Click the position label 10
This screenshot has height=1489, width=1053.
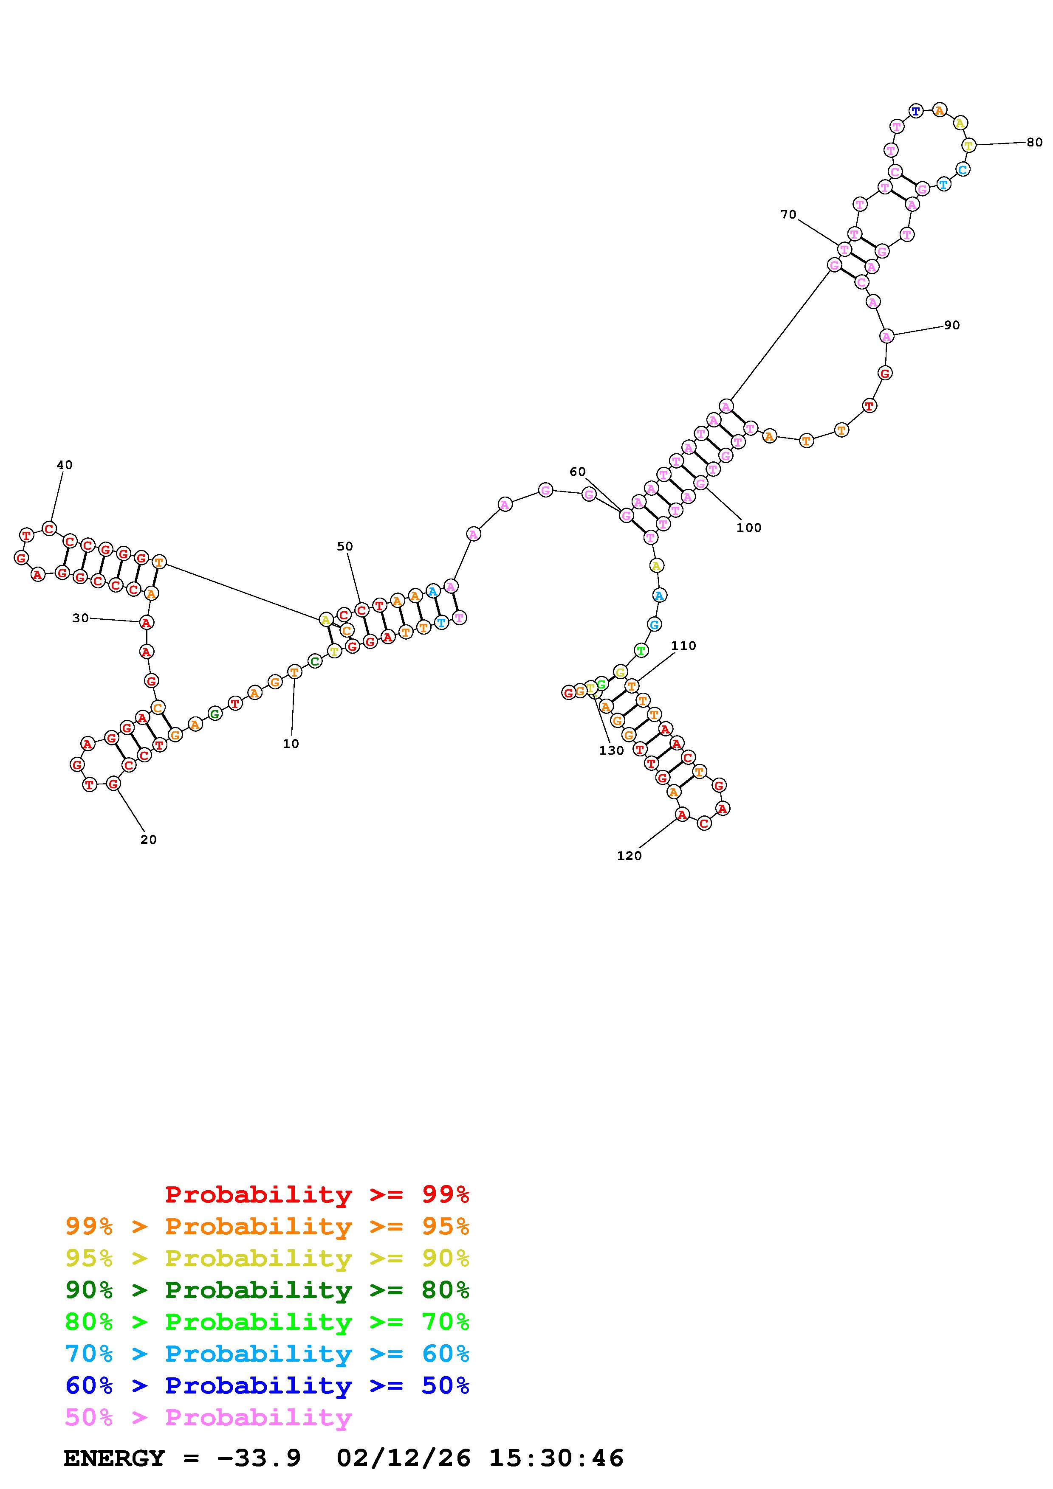291,744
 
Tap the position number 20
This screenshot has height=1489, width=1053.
149,840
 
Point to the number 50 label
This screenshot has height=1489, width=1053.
345,547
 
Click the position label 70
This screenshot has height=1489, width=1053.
788,215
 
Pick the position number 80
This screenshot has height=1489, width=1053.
1035,143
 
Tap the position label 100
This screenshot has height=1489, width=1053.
749,528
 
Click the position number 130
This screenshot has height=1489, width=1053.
611,751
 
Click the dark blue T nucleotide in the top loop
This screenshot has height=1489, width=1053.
915,111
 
